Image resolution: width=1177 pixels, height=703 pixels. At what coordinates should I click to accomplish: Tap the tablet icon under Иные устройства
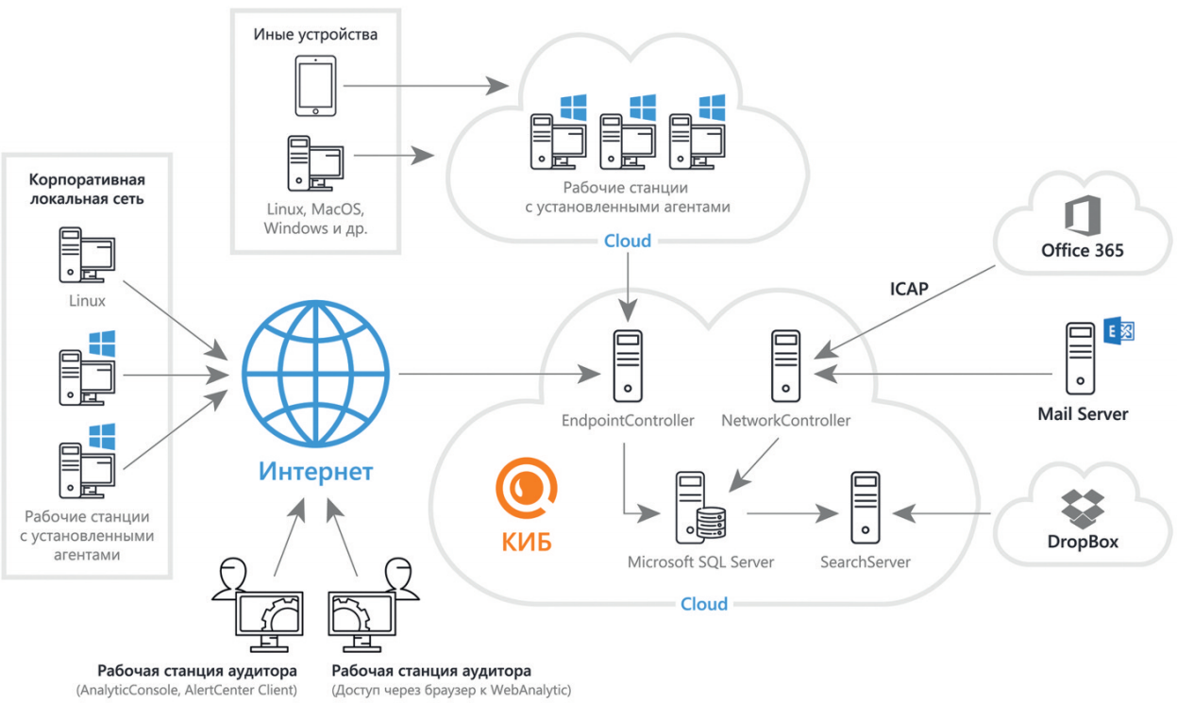315,86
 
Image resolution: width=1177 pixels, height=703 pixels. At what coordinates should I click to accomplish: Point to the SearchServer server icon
865,509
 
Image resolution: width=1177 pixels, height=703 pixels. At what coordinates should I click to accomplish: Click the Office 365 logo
1082,214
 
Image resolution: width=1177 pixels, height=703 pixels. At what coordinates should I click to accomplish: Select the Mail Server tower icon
1080,359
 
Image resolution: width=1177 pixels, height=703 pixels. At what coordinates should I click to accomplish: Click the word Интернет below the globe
316,470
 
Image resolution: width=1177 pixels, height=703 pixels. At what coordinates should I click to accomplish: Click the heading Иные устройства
315,36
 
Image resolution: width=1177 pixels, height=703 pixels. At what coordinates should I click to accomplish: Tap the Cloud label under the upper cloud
627,241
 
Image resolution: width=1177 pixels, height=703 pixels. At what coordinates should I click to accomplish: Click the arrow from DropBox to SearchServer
944,512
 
